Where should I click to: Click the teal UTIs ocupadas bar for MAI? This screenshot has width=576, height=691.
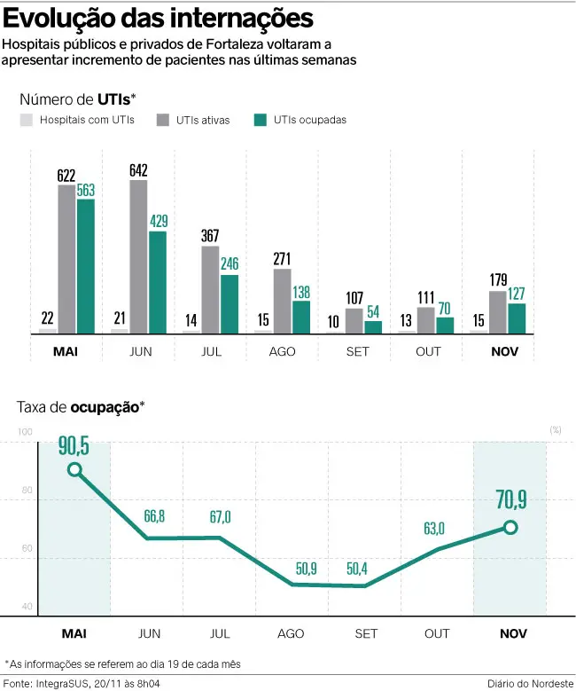(x=85, y=266)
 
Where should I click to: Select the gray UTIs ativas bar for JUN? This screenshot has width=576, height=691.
(x=138, y=256)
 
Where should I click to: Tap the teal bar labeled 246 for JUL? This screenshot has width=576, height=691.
(x=230, y=303)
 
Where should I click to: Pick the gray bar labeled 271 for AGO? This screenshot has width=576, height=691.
(x=282, y=301)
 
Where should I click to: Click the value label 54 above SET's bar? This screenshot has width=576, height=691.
(x=373, y=312)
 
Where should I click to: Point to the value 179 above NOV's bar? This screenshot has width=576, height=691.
(x=498, y=280)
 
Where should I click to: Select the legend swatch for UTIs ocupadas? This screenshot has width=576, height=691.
(x=261, y=120)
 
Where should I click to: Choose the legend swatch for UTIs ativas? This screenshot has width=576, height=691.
(x=163, y=120)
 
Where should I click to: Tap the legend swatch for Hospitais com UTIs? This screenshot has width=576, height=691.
(x=27, y=120)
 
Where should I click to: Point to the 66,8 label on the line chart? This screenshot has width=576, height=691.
(x=156, y=517)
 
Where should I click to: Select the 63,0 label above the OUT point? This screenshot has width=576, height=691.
(x=434, y=529)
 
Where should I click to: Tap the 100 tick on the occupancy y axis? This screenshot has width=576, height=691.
(x=25, y=432)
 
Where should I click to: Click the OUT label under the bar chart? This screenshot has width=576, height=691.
(x=428, y=352)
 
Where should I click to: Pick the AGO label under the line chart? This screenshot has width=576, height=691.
(x=291, y=634)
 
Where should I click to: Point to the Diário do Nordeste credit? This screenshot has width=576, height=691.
(x=530, y=682)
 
